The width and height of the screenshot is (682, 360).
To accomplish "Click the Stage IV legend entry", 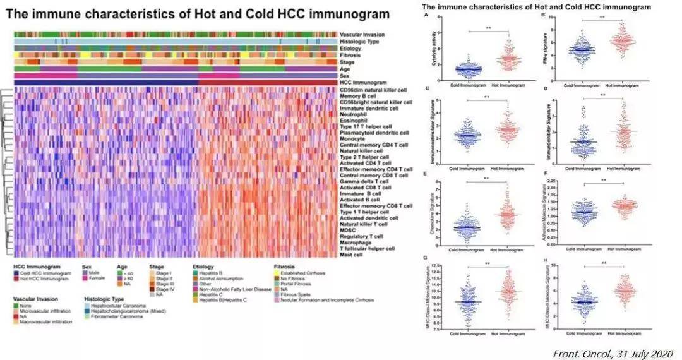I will [x=165, y=289].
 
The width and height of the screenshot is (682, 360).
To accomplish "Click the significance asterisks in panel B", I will [x=601, y=18].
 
